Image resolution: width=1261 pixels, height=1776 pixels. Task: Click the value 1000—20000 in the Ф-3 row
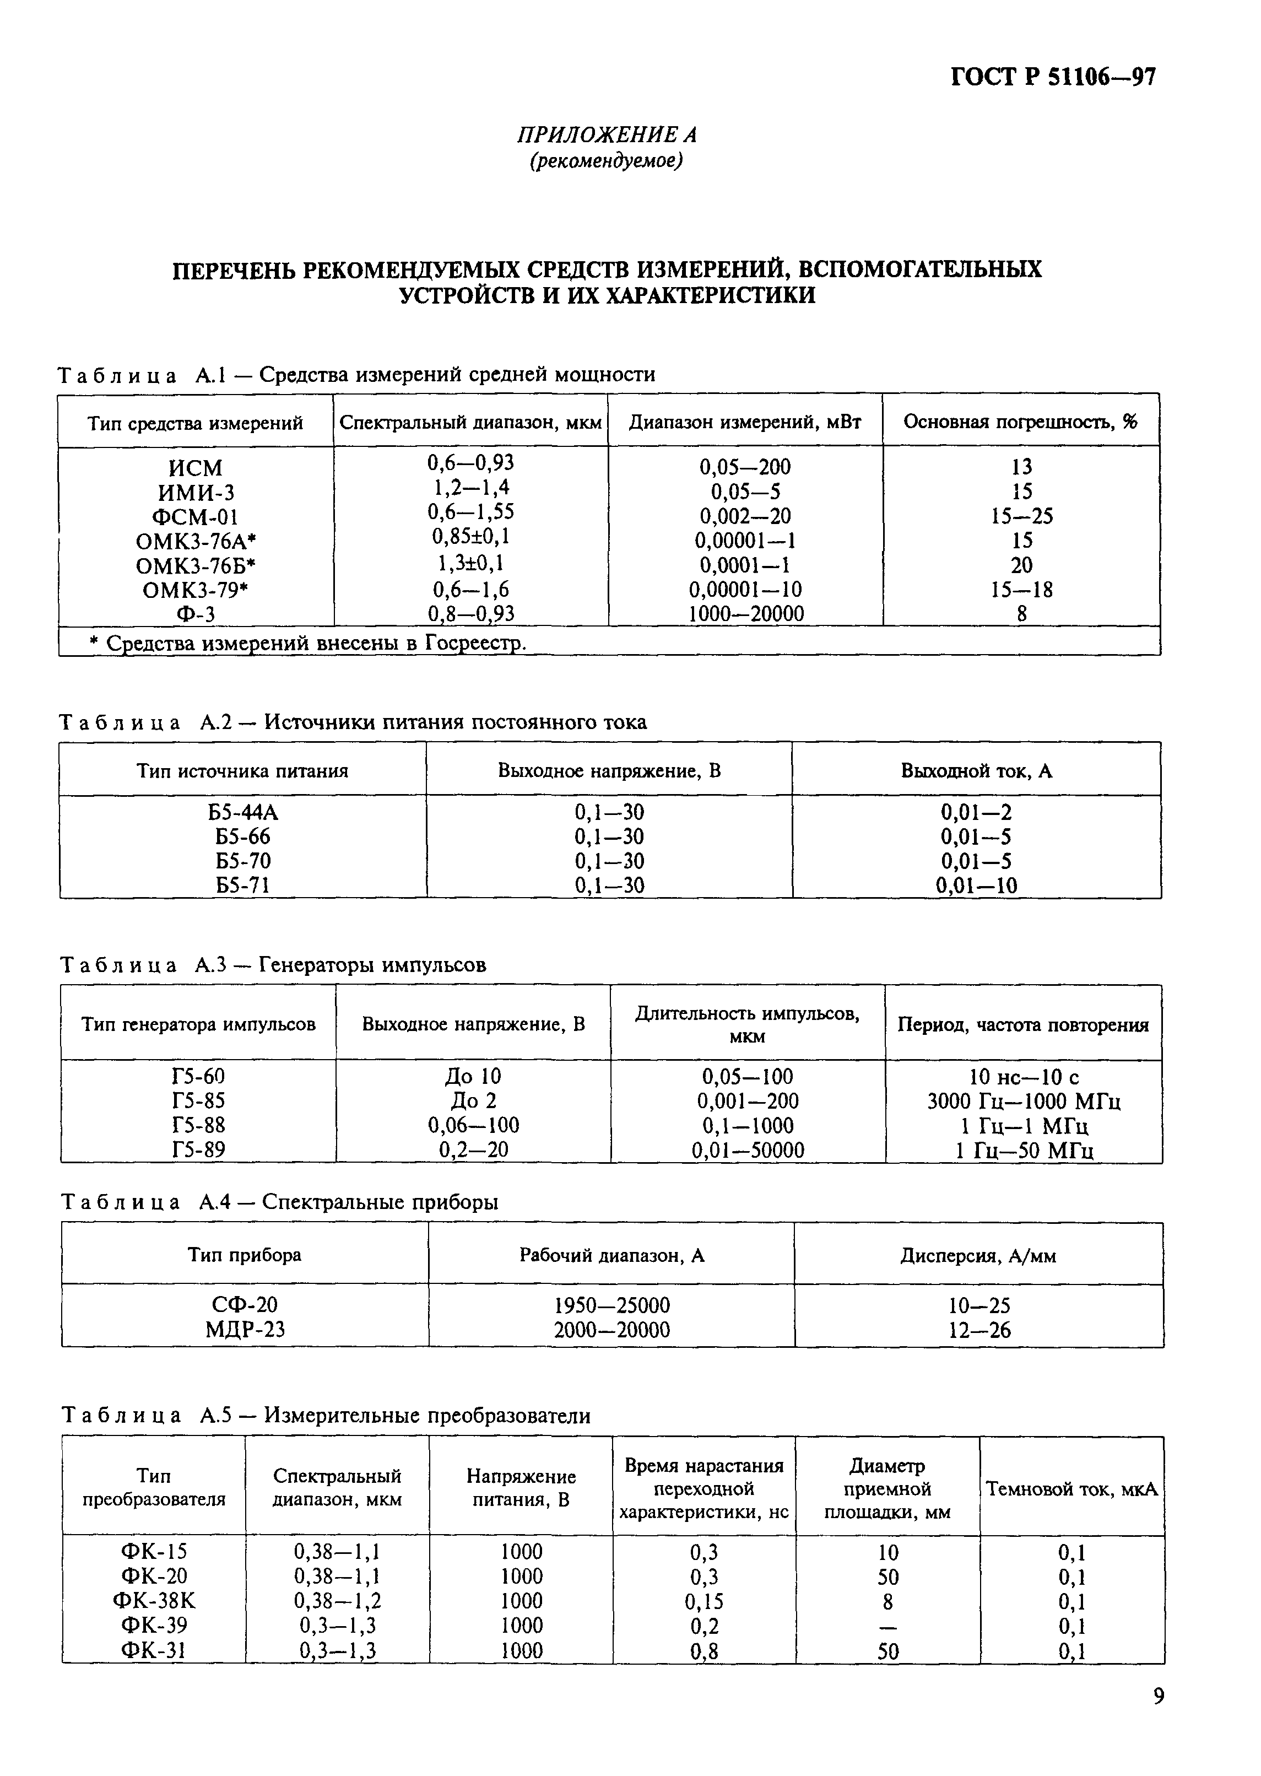pyautogui.click(x=745, y=614)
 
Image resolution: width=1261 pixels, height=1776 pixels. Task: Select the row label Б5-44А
pyautogui.click(x=243, y=812)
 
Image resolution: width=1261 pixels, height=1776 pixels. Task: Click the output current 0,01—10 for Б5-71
pyautogui.click(x=976, y=886)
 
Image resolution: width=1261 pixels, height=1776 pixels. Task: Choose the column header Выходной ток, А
pyautogui.click(x=976, y=770)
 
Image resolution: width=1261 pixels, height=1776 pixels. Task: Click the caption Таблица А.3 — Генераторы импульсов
pyautogui.click(x=273, y=964)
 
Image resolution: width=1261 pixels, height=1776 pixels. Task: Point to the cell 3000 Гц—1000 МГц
pyautogui.click(x=1024, y=1101)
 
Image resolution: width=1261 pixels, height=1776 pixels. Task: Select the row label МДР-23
pyautogui.click(x=245, y=1330)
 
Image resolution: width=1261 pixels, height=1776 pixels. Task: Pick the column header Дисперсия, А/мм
pyautogui.click(x=978, y=1256)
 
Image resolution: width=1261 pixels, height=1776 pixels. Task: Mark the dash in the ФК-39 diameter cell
pyautogui.click(x=887, y=1626)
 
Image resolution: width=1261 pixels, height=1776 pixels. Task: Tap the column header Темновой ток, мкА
pyautogui.click(x=1071, y=1489)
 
